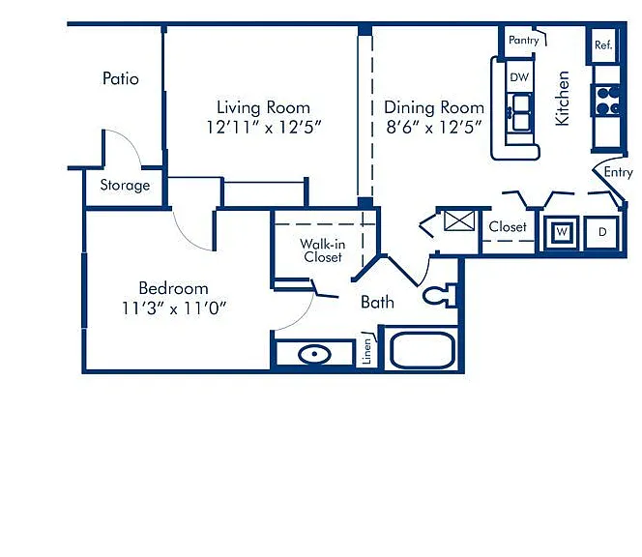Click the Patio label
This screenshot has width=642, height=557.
click(120, 78)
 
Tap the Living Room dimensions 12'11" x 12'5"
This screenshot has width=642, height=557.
click(264, 128)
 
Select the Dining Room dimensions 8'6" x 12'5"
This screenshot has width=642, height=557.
click(433, 128)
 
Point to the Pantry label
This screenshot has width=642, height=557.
click(523, 41)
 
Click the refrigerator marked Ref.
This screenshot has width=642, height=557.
click(603, 45)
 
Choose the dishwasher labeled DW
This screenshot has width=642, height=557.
click(519, 76)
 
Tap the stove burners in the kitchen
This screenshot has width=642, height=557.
click(607, 101)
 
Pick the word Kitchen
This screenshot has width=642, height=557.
click(562, 99)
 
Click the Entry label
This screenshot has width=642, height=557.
click(618, 172)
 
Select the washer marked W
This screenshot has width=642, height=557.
click(562, 232)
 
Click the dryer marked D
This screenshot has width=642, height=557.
click(601, 232)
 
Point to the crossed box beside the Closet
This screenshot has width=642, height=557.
click(459, 221)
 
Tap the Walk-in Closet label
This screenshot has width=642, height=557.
click(323, 250)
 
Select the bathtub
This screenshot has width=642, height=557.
click(423, 350)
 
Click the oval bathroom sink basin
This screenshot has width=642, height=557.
click(314, 354)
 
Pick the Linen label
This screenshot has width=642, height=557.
click(366, 351)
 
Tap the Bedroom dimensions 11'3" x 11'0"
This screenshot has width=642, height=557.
click(174, 308)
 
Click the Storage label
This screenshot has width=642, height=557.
click(125, 185)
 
